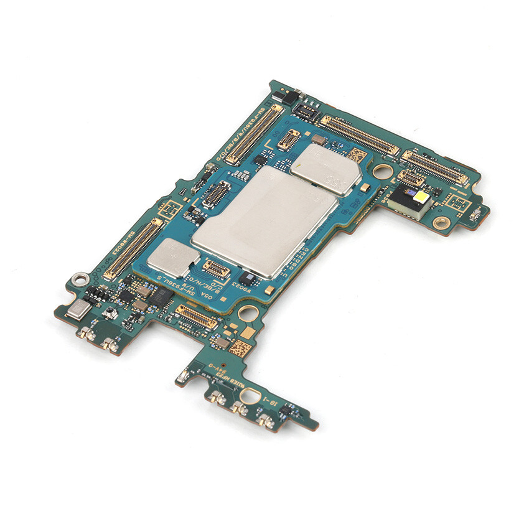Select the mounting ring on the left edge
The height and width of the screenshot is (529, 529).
(x=78, y=279)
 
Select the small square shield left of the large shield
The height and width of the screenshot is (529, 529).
(x=173, y=257)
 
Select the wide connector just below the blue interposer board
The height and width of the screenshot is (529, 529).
(x=197, y=317)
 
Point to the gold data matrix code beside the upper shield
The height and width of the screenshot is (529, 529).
(x=354, y=154)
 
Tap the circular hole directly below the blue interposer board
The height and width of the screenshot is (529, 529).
(x=247, y=312)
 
